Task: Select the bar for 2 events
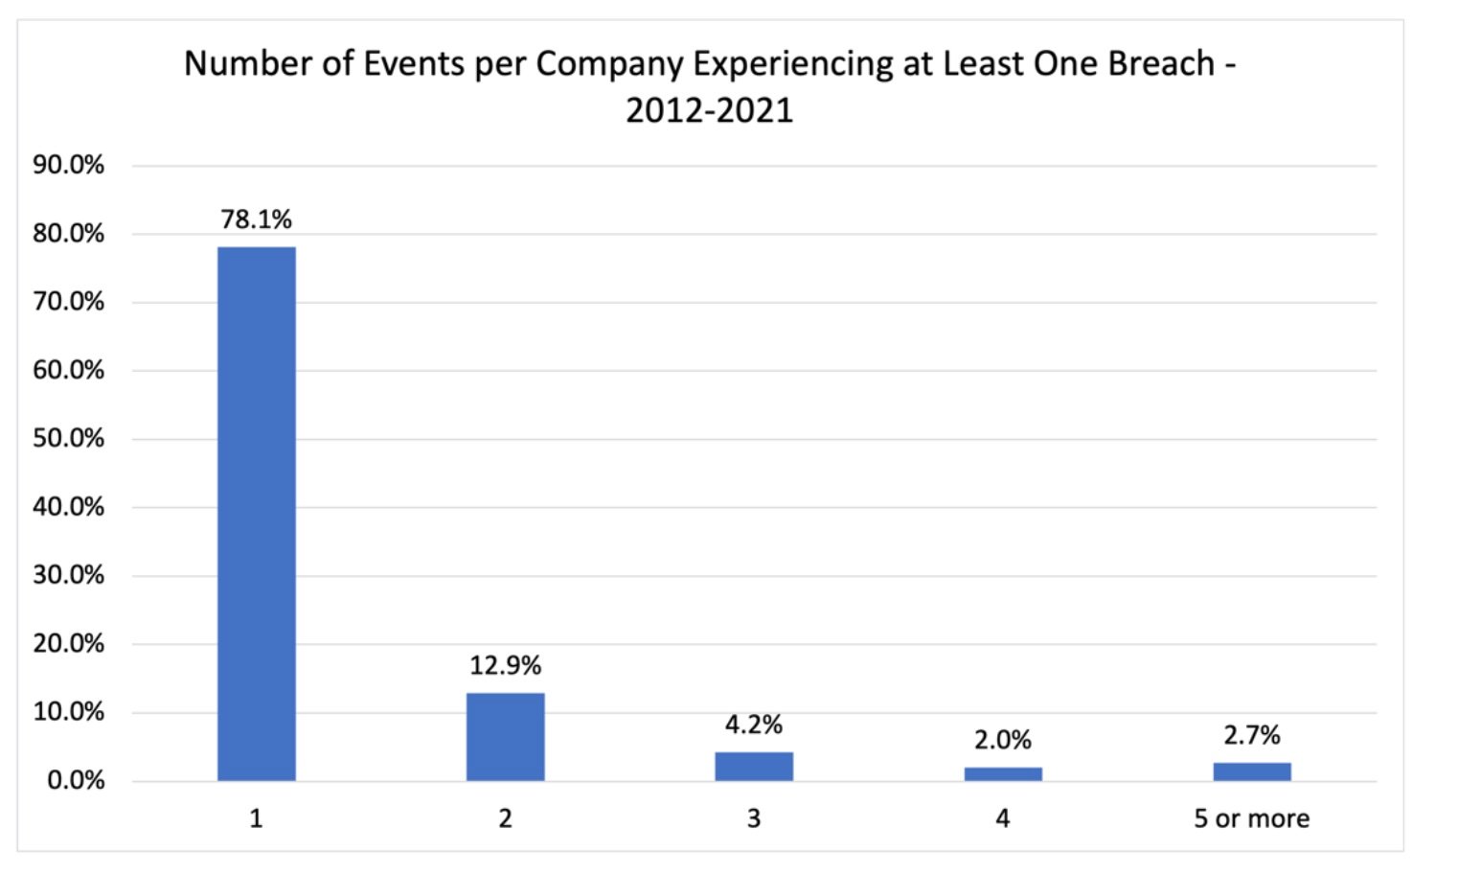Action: tap(506, 736)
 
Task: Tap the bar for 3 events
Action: tap(754, 766)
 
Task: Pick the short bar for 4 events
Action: tap(1003, 773)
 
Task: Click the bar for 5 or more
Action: tap(1252, 771)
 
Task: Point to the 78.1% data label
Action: tap(256, 219)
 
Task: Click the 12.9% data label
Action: tap(505, 665)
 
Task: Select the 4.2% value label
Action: tap(754, 724)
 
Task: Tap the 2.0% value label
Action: tap(1003, 740)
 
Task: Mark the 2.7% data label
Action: tap(1252, 735)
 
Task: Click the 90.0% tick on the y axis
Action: tap(68, 165)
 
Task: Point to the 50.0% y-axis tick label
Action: tap(68, 438)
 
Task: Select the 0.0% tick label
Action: tap(75, 780)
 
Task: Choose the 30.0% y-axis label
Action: tap(68, 575)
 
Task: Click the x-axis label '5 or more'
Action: tap(1251, 818)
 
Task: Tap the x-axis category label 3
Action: tap(754, 818)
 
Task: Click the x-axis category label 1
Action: tap(256, 818)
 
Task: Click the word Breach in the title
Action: tap(1161, 64)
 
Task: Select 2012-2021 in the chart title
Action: tap(710, 110)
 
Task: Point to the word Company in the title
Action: tap(609, 64)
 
